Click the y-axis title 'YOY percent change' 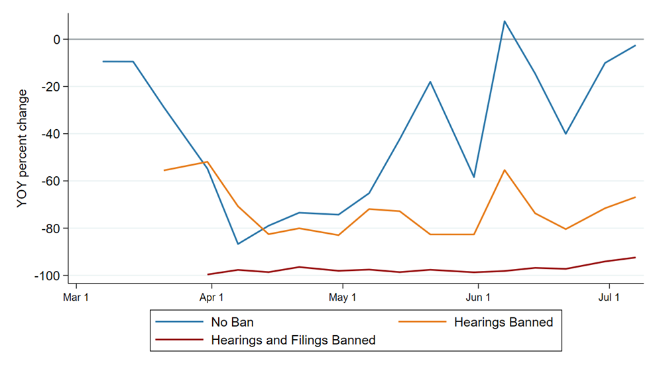(x=22, y=148)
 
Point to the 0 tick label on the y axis (x=57, y=40)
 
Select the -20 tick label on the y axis (x=51, y=87)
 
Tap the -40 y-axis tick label (x=51, y=134)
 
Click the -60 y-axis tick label (x=51, y=182)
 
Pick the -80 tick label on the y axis (x=51, y=229)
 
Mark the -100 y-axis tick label (x=48, y=276)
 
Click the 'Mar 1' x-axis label (x=76, y=297)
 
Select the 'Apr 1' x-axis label (x=211, y=297)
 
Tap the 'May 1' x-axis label (x=342, y=297)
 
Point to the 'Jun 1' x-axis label (x=478, y=297)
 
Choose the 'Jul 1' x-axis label (x=609, y=297)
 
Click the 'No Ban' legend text (x=232, y=322)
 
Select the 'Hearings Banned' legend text (x=504, y=322)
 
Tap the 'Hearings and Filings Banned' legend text (x=293, y=340)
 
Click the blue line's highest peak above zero (x=505, y=21)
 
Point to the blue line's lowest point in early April (x=237, y=244)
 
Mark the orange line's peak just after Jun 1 (x=505, y=170)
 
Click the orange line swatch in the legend (x=422, y=322)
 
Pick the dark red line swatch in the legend (x=180, y=339)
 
